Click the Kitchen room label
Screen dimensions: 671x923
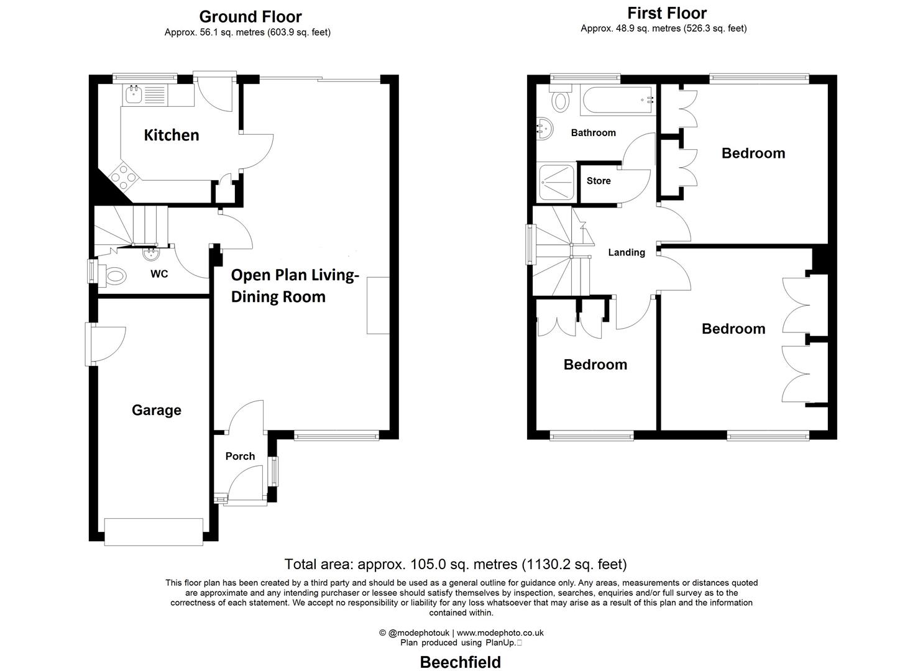pos(172,135)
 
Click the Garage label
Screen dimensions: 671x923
pos(157,410)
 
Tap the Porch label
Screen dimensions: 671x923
pos(240,456)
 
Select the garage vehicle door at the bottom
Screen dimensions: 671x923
pos(154,532)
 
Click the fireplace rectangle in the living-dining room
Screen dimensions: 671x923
pos(378,306)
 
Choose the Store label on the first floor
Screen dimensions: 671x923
pos(599,181)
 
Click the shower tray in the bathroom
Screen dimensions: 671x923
pos(556,182)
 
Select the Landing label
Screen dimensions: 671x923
pos(627,252)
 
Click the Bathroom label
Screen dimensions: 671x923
pos(594,132)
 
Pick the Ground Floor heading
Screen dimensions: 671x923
pos(250,17)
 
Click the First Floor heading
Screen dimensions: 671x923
pos(667,13)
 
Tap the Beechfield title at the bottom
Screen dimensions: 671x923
pos(461,662)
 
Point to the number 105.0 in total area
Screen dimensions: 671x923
pos(426,564)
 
